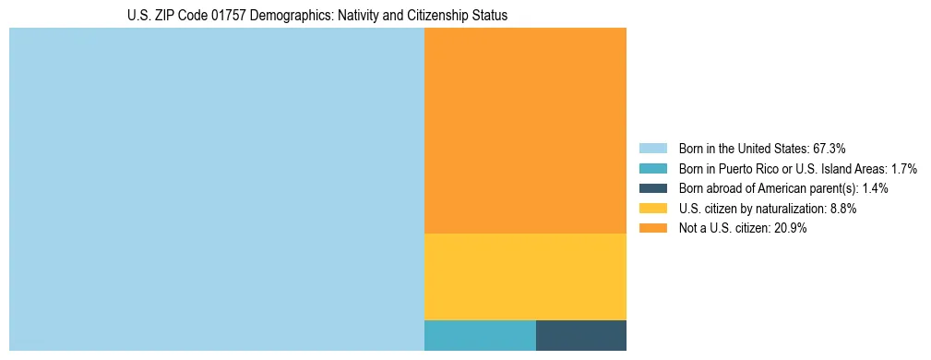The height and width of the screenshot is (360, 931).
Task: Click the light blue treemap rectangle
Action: point(216,189)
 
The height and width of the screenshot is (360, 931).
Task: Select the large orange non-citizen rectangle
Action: point(525,130)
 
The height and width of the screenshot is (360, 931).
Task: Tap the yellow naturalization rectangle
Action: point(525,276)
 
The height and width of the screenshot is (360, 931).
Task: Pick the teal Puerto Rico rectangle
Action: point(480,335)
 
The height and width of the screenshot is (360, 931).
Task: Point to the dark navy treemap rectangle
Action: point(581,335)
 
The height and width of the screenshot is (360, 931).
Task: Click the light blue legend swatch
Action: point(653,148)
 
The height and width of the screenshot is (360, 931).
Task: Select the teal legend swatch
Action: point(653,168)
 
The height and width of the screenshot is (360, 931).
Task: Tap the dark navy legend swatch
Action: point(653,188)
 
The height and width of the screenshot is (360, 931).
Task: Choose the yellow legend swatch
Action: point(653,209)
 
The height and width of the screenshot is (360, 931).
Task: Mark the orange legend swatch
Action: point(653,229)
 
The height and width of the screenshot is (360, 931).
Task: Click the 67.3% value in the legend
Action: point(829,148)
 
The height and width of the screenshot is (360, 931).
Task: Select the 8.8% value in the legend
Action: point(841,209)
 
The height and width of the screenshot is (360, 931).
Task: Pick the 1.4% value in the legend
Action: point(874,188)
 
